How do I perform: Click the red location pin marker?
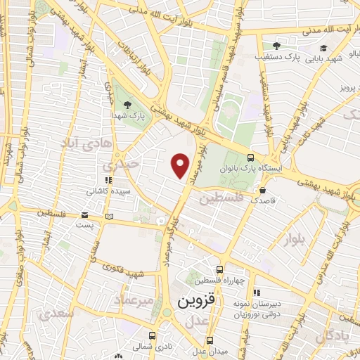point(181,165)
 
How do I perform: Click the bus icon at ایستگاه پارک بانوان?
point(251,158)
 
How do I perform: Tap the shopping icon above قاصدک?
point(262,189)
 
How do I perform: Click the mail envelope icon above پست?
point(85,214)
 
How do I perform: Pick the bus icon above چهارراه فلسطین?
point(219,269)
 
